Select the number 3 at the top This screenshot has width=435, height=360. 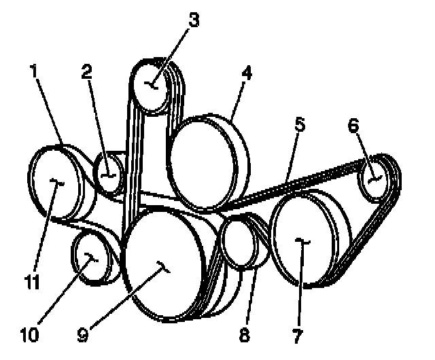194,20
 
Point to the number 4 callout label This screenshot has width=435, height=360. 247,73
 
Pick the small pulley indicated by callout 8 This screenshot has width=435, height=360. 239,242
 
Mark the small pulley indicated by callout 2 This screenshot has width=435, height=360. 108,174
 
